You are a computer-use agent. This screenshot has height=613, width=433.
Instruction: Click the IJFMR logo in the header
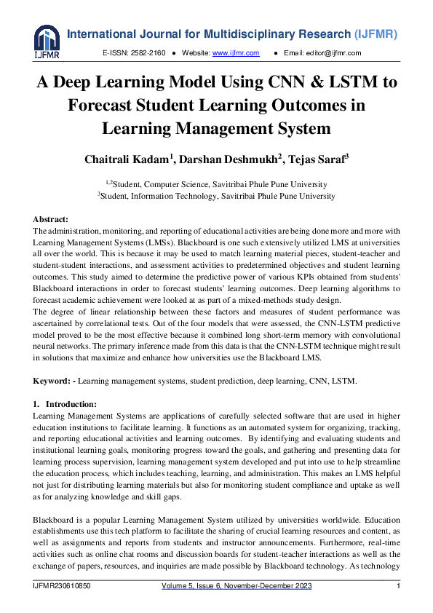[x=46, y=43]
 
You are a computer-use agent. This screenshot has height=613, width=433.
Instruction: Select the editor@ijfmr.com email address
[x=335, y=53]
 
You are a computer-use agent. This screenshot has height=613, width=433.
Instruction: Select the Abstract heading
[x=51, y=219]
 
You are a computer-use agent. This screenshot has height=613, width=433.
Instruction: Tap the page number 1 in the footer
[x=398, y=587]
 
